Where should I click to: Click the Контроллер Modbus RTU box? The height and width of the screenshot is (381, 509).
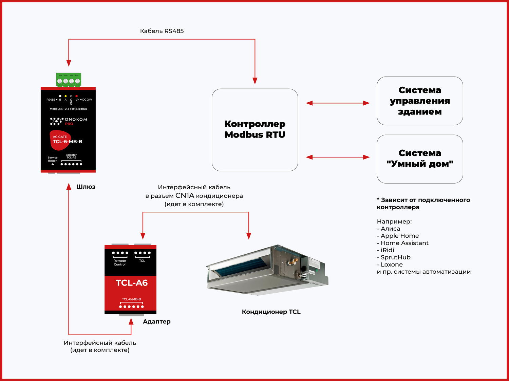(255, 130)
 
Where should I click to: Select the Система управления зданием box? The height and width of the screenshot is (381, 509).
(420, 101)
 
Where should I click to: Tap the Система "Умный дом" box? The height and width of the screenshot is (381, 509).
(420, 159)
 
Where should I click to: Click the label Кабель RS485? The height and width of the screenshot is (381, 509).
(162, 31)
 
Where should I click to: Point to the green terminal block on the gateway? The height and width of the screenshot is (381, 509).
(69, 80)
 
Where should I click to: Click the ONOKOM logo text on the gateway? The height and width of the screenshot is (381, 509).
(76, 120)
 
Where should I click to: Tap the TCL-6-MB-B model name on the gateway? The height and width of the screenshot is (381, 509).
(68, 142)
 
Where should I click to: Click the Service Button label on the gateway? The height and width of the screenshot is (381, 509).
(53, 159)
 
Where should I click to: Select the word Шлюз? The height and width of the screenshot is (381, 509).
(86, 187)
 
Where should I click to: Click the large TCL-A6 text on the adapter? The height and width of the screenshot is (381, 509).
(132, 283)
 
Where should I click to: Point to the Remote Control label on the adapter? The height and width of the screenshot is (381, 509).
(119, 262)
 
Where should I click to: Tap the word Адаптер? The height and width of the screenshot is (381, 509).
(156, 322)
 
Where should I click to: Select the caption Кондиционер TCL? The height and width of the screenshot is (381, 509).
(271, 312)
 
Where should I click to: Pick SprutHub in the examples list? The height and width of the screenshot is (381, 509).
(395, 257)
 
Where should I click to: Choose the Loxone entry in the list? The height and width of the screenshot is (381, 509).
(392, 264)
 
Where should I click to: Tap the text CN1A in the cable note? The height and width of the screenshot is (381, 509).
(185, 196)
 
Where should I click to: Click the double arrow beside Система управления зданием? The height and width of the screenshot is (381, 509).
(338, 103)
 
